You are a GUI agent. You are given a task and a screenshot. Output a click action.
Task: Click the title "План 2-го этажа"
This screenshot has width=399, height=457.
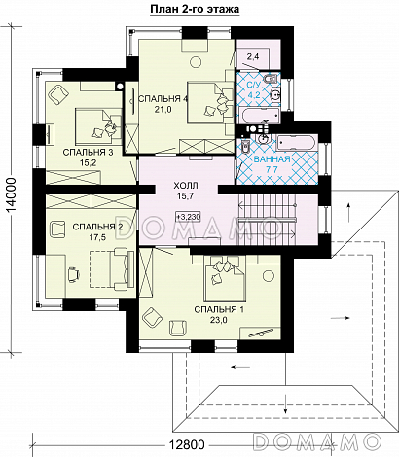pyautogui.click(x=195, y=9)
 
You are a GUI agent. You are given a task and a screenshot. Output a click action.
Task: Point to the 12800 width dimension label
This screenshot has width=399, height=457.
pyautogui.click(x=186, y=444)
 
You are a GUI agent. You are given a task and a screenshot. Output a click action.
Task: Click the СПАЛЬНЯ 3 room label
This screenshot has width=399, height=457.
pyautogui.click(x=88, y=153)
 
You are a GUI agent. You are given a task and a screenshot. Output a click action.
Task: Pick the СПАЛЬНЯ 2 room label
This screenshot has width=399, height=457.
pyautogui.click(x=97, y=227)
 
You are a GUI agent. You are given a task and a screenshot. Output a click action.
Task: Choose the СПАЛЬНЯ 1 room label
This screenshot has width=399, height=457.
pyautogui.click(x=219, y=309)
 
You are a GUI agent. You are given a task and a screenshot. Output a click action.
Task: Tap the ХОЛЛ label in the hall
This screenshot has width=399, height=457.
pyautogui.click(x=186, y=186)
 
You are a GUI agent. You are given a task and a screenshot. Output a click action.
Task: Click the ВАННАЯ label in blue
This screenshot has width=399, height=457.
pyautogui.click(x=272, y=159)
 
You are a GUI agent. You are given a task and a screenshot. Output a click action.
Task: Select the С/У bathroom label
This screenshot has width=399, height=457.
pyautogui.click(x=254, y=86)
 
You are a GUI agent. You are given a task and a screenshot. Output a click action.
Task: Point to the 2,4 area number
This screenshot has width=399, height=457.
pyautogui.click(x=253, y=57)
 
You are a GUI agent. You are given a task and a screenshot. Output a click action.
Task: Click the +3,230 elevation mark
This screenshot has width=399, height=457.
pyautogui.click(x=189, y=217)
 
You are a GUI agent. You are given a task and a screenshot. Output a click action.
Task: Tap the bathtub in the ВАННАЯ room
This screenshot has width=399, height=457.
pyautogui.click(x=296, y=143)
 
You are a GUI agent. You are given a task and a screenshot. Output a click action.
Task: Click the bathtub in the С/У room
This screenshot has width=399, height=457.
pyautogui.click(x=259, y=117)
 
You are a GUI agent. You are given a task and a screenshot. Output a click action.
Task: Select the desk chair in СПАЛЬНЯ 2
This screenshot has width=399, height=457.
pyautogui.click(x=73, y=275)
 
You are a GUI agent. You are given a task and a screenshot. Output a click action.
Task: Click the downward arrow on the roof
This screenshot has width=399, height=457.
pyautogui.click(x=285, y=403)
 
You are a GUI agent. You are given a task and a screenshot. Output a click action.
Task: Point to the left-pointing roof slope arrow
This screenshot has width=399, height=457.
pyautogui.click(x=240, y=367)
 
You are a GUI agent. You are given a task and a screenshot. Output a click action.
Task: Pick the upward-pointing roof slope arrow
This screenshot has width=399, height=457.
pyautogui.click(x=349, y=212)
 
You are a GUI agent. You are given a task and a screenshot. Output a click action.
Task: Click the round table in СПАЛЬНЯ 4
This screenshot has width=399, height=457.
pyautogui.click(x=196, y=60)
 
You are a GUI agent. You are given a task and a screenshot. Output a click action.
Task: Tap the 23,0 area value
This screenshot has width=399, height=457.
pyautogui.click(x=219, y=320)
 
